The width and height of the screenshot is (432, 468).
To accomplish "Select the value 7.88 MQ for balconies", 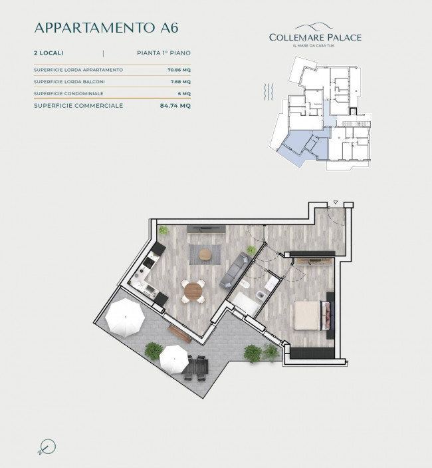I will click(180, 82).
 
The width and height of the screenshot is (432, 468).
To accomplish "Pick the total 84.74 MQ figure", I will click(175, 106).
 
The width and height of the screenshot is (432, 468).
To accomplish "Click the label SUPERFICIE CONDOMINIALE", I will click(68, 93).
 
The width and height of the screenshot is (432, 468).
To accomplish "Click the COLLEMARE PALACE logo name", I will click(315, 37).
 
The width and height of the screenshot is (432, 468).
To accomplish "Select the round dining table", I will click(195, 290).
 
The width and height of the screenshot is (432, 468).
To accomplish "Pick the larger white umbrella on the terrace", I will click(125, 318).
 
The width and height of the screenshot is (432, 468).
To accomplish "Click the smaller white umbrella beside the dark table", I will click(173, 359).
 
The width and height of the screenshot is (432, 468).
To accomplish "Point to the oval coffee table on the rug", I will click(205, 254).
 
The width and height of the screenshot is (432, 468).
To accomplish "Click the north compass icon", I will click(47, 446).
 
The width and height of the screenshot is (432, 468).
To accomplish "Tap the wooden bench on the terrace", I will click(179, 333).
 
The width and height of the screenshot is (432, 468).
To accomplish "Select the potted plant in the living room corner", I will click(163, 230).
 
